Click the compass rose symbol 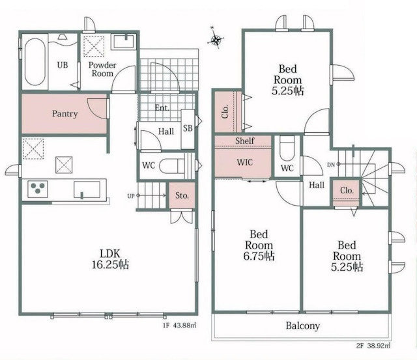click(x=216, y=39)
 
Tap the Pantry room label click(x=65, y=114)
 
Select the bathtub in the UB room click(x=35, y=62)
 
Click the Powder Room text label click(x=102, y=69)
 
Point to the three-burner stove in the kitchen click(x=38, y=189)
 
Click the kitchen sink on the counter click(x=87, y=189)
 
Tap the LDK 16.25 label click(x=110, y=259)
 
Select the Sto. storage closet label click(x=182, y=196)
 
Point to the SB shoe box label click(x=188, y=128)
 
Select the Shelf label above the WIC click(x=245, y=141)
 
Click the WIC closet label click(x=245, y=162)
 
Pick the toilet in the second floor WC click(x=287, y=148)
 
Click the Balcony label click(x=302, y=325)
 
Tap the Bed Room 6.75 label click(x=259, y=245)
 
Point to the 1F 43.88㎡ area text click(x=180, y=325)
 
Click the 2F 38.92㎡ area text click(x=373, y=346)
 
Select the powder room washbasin click(x=124, y=42)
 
